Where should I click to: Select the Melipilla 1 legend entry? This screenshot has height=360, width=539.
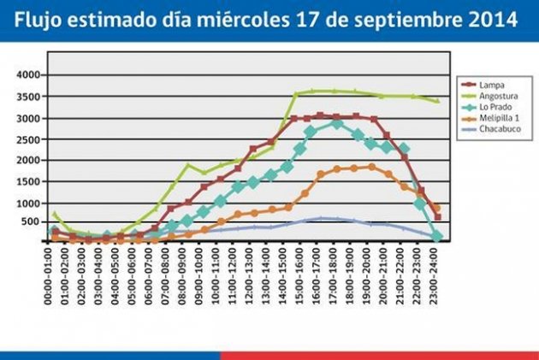click(x=500, y=118)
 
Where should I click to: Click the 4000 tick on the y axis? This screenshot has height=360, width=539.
click(x=29, y=75)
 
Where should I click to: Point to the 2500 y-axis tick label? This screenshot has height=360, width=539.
click(x=29, y=139)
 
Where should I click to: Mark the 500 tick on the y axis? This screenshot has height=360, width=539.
click(x=33, y=222)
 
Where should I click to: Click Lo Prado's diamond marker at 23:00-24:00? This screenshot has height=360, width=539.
click(x=437, y=235)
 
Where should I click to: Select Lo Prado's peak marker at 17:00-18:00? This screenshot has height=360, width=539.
click(x=337, y=123)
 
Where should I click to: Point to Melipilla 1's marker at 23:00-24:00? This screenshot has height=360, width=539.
click(x=437, y=209)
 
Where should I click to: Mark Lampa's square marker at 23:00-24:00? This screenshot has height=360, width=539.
click(x=437, y=218)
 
